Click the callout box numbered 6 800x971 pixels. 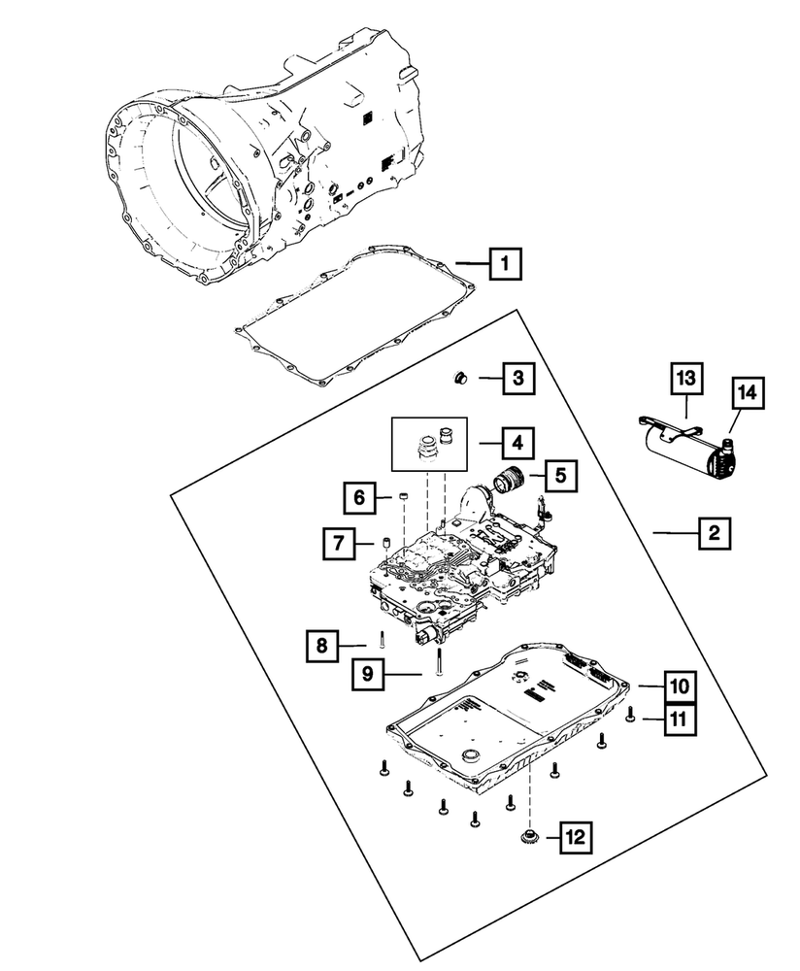coord(358,499)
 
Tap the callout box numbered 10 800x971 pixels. coord(680,686)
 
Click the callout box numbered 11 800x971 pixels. coord(680,719)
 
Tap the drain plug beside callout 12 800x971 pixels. coord(530,836)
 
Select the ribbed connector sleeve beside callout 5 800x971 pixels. coord(509,480)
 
